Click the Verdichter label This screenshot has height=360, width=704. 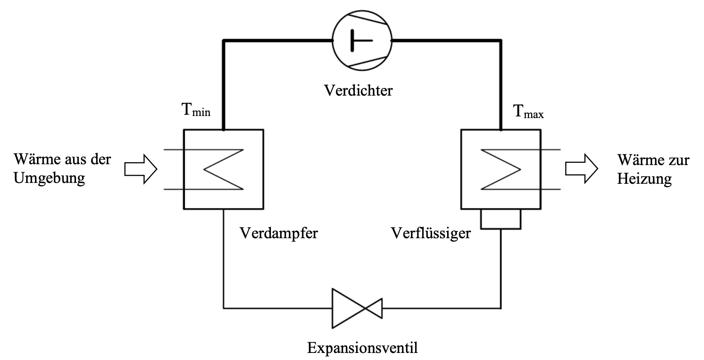(x=358, y=90)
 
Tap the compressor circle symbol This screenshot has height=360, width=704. (x=362, y=40)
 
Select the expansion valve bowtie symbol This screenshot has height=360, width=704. (x=357, y=308)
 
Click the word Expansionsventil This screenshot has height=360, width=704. (x=362, y=347)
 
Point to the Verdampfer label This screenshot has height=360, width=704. (x=278, y=233)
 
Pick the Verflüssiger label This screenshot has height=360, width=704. (x=431, y=233)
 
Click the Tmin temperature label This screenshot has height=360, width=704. (x=196, y=110)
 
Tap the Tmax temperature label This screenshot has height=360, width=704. (x=528, y=111)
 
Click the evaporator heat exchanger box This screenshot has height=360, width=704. (x=223, y=169)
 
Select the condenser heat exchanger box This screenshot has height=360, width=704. (x=501, y=169)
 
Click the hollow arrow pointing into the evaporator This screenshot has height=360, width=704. (x=140, y=169)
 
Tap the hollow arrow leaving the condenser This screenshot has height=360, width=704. (x=581, y=169)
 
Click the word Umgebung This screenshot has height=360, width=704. (x=49, y=178)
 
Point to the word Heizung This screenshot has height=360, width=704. (x=644, y=179)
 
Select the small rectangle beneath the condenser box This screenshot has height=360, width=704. (x=500, y=219)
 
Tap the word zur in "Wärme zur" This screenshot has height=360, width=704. (x=679, y=160)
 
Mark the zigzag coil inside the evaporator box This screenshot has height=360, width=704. (x=223, y=169)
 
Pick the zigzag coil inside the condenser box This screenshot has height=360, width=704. (x=501, y=169)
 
